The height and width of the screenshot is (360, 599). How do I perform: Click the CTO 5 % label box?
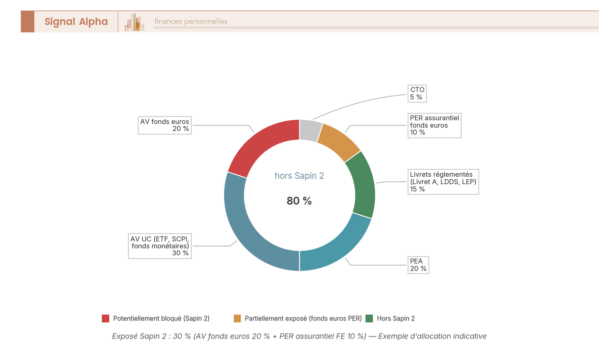tap(417, 93)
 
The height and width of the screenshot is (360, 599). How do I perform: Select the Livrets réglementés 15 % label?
tap(443, 182)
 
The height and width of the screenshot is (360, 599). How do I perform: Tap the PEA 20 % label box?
tap(418, 265)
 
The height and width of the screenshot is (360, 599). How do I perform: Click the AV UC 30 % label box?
tap(160, 245)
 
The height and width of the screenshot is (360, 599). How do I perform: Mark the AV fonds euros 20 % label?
tap(165, 125)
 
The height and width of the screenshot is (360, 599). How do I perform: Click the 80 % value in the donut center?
tap(299, 201)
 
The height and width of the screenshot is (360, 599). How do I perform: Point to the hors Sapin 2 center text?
tap(299, 176)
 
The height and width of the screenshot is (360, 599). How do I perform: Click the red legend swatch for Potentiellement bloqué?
tap(105, 319)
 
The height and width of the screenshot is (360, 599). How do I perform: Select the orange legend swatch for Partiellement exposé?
tap(237, 319)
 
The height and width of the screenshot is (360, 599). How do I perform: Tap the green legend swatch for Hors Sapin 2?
tap(369, 319)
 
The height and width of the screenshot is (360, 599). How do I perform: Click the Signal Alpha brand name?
tap(76, 21)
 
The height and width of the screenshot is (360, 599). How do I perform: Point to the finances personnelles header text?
tap(191, 21)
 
